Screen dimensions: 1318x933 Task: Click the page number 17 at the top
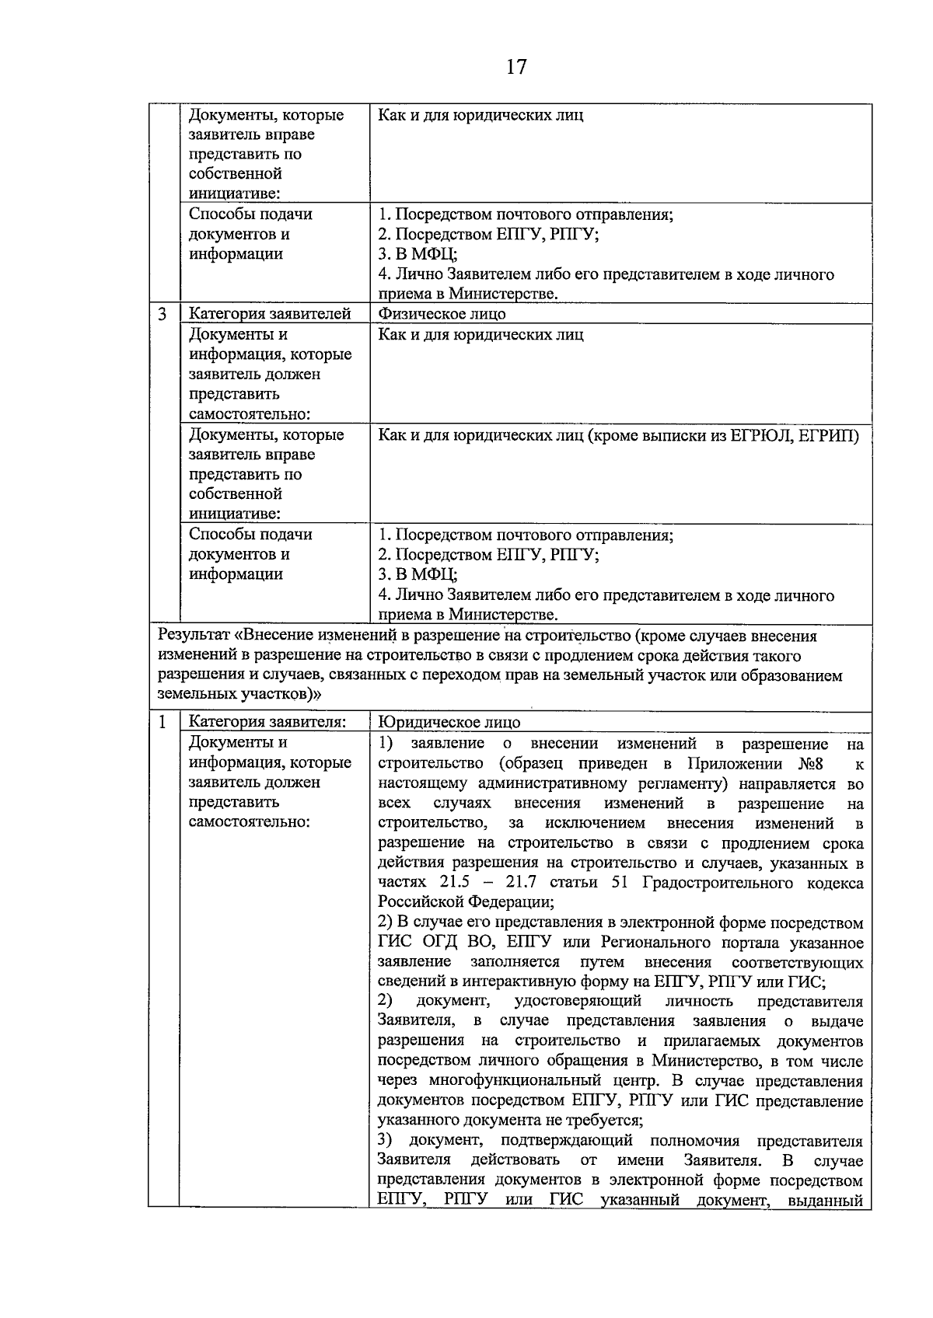click(x=516, y=67)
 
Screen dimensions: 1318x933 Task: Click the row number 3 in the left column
click(x=162, y=314)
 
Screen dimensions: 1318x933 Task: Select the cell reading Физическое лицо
click(x=442, y=314)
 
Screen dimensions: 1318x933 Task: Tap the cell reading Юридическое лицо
click(x=449, y=722)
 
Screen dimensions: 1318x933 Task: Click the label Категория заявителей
click(x=270, y=314)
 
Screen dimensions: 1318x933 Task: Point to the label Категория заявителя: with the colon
click(x=267, y=722)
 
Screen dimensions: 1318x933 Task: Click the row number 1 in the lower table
click(x=162, y=722)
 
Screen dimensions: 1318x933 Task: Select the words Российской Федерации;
click(x=466, y=902)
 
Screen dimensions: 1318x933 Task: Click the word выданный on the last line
click(x=830, y=1201)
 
